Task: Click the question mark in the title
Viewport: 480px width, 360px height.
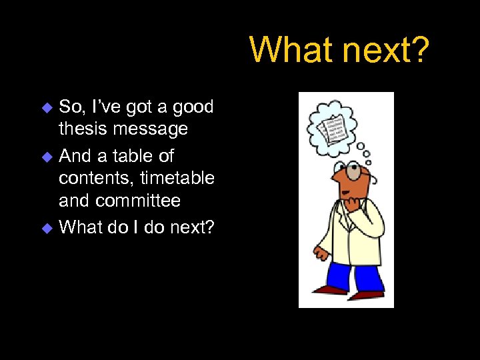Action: (x=418, y=50)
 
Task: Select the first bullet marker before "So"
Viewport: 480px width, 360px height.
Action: (x=47, y=107)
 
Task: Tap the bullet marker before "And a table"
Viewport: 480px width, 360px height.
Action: (x=47, y=157)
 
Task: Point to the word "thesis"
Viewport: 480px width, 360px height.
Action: (x=82, y=128)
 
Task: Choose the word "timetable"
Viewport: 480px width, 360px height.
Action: (x=177, y=178)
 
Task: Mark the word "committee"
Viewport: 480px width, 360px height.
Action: (x=138, y=201)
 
